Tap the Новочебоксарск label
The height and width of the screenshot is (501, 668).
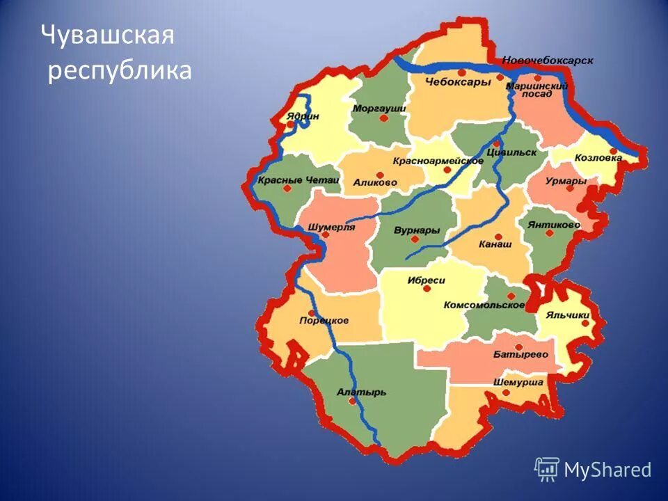(548, 61)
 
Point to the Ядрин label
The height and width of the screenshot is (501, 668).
(302, 116)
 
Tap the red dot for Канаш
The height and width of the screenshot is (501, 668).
(499, 237)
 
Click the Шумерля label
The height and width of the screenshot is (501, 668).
(331, 227)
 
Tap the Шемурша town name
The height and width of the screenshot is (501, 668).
(518, 383)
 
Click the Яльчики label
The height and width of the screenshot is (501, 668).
(568, 315)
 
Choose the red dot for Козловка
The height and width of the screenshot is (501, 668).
(613, 151)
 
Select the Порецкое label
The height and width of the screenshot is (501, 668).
(324, 321)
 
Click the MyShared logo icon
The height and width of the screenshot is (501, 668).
(547, 469)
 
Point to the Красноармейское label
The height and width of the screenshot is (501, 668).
(438, 161)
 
